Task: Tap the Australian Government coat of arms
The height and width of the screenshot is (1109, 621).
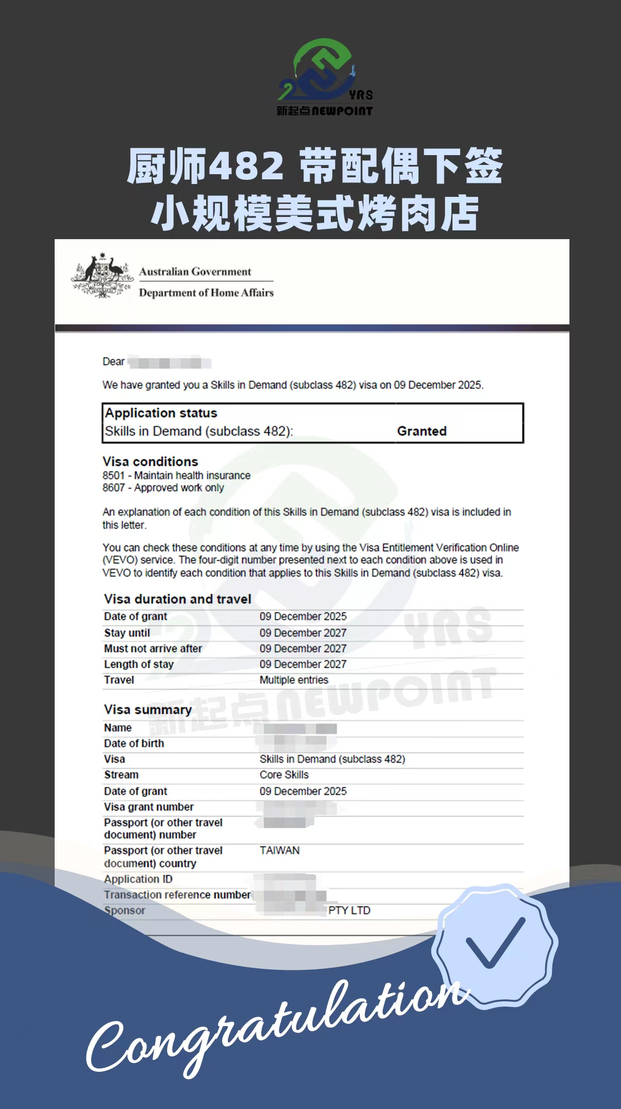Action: (x=102, y=276)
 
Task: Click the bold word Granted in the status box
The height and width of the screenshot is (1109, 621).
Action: (x=422, y=431)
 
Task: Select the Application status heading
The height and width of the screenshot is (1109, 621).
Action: (x=161, y=413)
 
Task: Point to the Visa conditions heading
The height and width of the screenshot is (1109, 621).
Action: (x=150, y=461)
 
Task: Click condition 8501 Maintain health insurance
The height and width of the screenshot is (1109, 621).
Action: (x=176, y=475)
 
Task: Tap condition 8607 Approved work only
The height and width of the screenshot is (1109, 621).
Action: (x=163, y=488)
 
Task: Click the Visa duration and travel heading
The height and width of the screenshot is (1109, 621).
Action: (x=177, y=599)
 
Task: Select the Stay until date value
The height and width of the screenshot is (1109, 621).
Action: (x=303, y=633)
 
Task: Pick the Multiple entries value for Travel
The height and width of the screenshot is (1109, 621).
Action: (x=294, y=680)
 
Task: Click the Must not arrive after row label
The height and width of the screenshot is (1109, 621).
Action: (x=153, y=648)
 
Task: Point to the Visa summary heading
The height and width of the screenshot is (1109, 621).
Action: (x=147, y=710)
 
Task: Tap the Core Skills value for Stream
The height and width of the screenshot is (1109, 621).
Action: (x=284, y=775)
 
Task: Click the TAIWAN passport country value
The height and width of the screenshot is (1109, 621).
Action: (x=279, y=850)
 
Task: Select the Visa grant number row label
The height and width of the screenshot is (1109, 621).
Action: (x=149, y=806)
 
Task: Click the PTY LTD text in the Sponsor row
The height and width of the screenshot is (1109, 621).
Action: (x=349, y=910)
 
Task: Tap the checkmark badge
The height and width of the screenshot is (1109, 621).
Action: (x=495, y=944)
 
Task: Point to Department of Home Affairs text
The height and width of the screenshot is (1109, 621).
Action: (x=206, y=293)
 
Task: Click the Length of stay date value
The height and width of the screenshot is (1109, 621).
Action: (x=303, y=664)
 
